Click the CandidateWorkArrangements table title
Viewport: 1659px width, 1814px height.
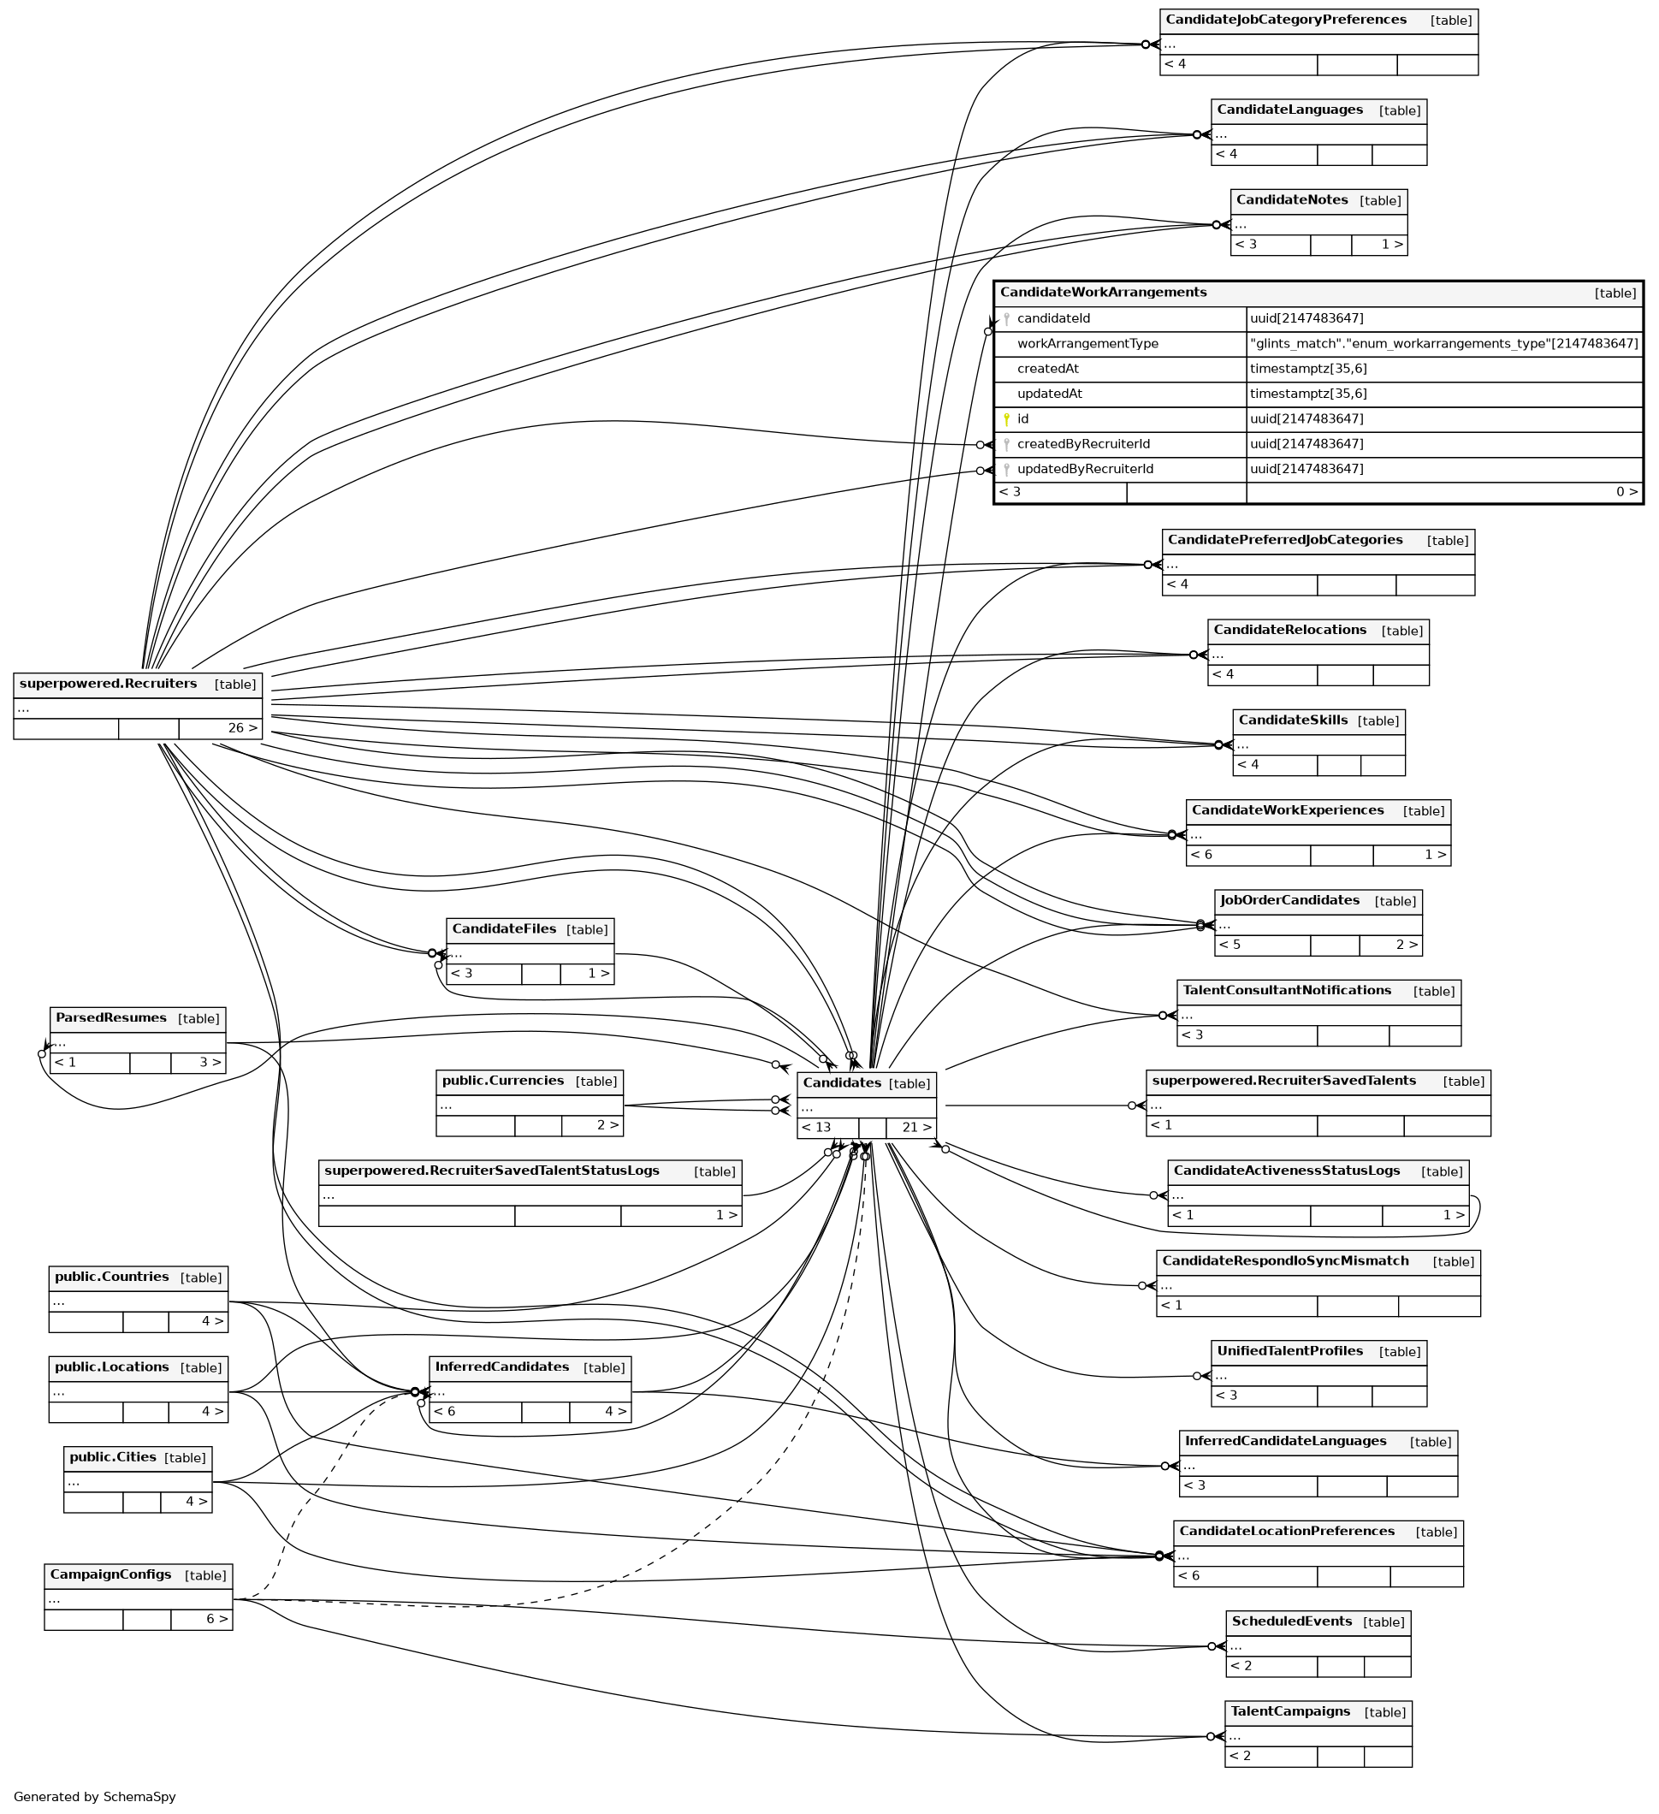click(x=1103, y=293)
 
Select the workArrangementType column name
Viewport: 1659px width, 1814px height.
click(x=1087, y=344)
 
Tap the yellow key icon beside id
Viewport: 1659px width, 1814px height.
click(x=1007, y=419)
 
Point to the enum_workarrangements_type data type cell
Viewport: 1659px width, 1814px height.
click(x=1443, y=344)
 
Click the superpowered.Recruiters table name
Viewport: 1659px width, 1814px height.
click(x=108, y=683)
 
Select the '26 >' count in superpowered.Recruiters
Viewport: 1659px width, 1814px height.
click(x=242, y=728)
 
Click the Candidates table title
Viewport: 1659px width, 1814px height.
click(x=841, y=1082)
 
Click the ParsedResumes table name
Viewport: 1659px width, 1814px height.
click(x=110, y=1017)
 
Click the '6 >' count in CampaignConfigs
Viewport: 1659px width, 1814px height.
click(x=216, y=1619)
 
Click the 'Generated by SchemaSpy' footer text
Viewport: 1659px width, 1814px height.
click(x=94, y=1797)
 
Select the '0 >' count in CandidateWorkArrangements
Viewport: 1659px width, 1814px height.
click(x=1626, y=492)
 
